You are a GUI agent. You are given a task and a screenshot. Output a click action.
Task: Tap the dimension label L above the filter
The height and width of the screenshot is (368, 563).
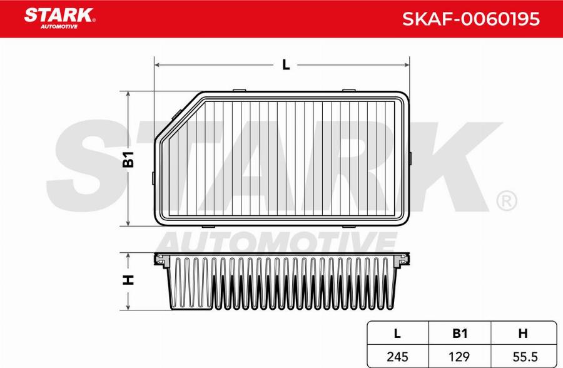(x=285, y=64)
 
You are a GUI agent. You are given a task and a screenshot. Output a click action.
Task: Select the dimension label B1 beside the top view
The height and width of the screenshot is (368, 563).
(x=128, y=159)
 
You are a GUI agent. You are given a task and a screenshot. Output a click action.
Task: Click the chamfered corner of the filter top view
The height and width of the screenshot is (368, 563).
(x=178, y=116)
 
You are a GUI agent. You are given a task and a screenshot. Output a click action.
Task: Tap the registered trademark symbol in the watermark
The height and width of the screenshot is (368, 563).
(x=505, y=201)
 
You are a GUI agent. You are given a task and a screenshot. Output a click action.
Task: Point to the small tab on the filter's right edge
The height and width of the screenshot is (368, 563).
(x=410, y=159)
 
